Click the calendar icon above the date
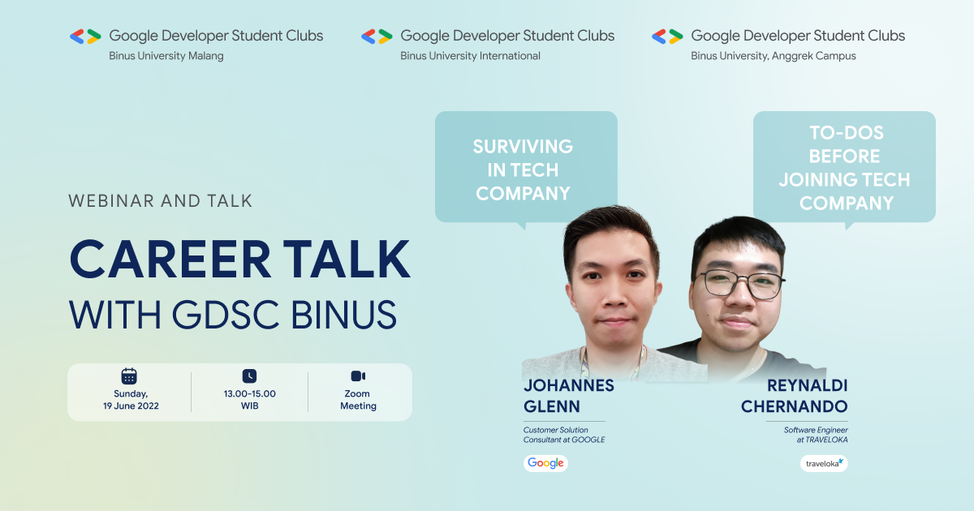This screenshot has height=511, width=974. pos(129,376)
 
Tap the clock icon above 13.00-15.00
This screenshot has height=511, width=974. pos(249,376)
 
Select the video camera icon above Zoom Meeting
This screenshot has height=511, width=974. pos(358,376)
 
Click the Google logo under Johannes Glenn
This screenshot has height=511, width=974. pos(545,463)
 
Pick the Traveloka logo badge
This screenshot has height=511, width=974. pos(824,463)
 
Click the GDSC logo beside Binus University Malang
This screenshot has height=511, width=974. pos(85,36)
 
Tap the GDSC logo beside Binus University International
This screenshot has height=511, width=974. pos(377,36)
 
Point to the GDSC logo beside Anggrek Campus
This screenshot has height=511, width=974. pos(667,36)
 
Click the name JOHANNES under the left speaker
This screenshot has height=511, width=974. pos(568,385)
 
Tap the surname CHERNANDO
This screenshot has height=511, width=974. pos(794,406)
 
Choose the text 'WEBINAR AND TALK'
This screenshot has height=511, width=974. pos(161,200)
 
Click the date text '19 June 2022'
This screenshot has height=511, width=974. pos(129,406)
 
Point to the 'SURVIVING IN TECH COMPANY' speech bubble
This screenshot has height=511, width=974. pos(526,168)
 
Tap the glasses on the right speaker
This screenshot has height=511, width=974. pos(739,284)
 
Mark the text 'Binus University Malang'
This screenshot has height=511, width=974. pos(166,56)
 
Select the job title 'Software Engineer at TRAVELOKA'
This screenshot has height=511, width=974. pos(816,434)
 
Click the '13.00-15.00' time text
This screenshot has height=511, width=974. pos(249,393)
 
